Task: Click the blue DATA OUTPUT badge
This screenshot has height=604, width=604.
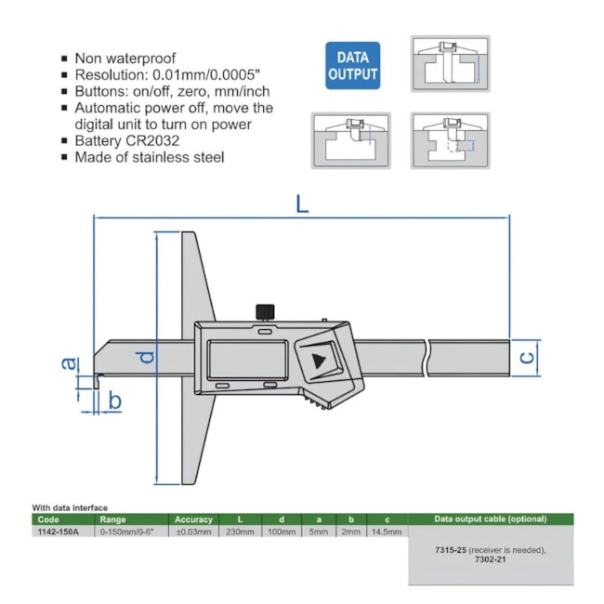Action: click(x=352, y=65)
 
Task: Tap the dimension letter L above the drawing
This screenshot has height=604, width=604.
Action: click(x=302, y=204)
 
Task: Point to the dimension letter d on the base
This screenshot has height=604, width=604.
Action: click(x=146, y=357)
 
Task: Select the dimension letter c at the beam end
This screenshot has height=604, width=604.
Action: click(x=526, y=357)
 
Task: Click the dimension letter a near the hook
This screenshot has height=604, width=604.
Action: click(x=68, y=363)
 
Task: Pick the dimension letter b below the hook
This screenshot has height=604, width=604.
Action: click(x=115, y=400)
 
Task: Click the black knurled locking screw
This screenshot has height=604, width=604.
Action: click(x=266, y=310)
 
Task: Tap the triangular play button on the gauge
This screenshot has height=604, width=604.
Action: click(x=320, y=361)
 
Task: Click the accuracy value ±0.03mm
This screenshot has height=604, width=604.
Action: click(x=193, y=532)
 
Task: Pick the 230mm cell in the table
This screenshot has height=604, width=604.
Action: click(x=240, y=532)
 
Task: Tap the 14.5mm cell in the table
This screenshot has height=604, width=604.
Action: click(x=387, y=532)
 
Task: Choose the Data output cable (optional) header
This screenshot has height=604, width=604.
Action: click(x=491, y=519)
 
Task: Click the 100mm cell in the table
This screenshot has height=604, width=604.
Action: click(x=282, y=532)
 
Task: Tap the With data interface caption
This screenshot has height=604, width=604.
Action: click(x=70, y=507)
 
